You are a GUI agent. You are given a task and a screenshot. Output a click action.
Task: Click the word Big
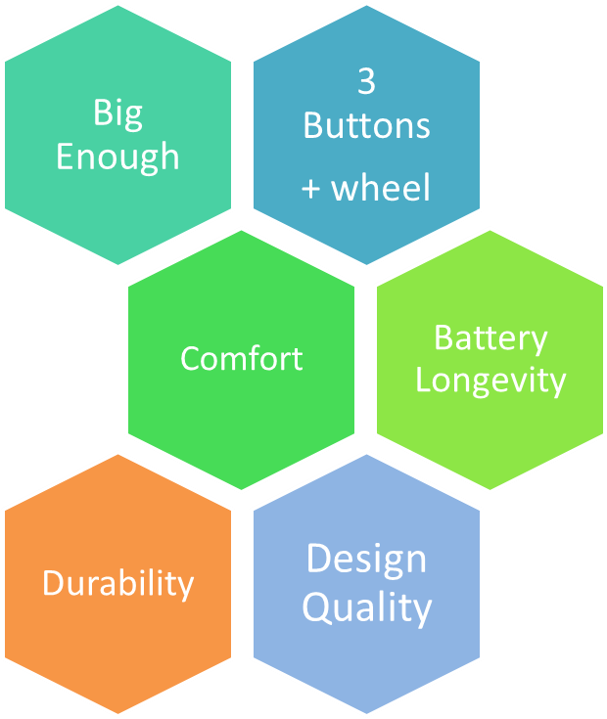tap(117, 113)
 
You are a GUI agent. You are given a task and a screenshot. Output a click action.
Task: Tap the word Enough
tap(117, 157)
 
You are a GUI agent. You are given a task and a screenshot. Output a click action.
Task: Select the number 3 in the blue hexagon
tap(366, 82)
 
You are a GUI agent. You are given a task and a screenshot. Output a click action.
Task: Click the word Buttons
tap(366, 126)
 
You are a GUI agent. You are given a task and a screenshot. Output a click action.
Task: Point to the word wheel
tap(381, 187)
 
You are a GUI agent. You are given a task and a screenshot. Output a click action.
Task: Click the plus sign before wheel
tap(311, 189)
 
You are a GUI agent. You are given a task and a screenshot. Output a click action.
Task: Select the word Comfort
tap(242, 358)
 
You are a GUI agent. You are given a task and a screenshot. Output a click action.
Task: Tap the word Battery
tap(490, 337)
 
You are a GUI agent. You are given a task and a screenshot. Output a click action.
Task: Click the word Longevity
tap(490, 380)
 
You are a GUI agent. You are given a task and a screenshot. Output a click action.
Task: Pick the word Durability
tap(118, 583)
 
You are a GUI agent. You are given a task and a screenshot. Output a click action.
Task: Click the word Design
tap(366, 559)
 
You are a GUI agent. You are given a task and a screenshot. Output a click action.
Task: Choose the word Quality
tap(366, 607)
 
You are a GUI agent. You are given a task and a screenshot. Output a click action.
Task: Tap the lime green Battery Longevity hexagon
tap(490, 430)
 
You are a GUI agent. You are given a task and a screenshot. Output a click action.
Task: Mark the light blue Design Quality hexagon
tap(366, 665)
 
